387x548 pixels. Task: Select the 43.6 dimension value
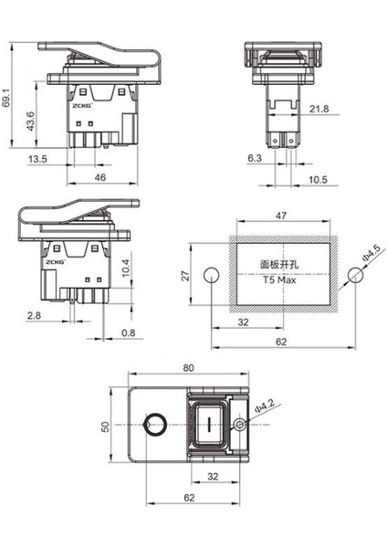tap(31, 121)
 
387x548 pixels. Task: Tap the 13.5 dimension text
tap(37, 159)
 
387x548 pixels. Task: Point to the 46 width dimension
tap(100, 177)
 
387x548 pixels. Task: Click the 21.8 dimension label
tap(319, 109)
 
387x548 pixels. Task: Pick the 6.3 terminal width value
tap(255, 158)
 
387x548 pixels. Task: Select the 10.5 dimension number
tap(319, 180)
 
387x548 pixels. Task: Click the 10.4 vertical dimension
tap(126, 268)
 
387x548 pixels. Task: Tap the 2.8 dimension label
tap(34, 316)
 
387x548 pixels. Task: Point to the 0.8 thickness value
tap(128, 332)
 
